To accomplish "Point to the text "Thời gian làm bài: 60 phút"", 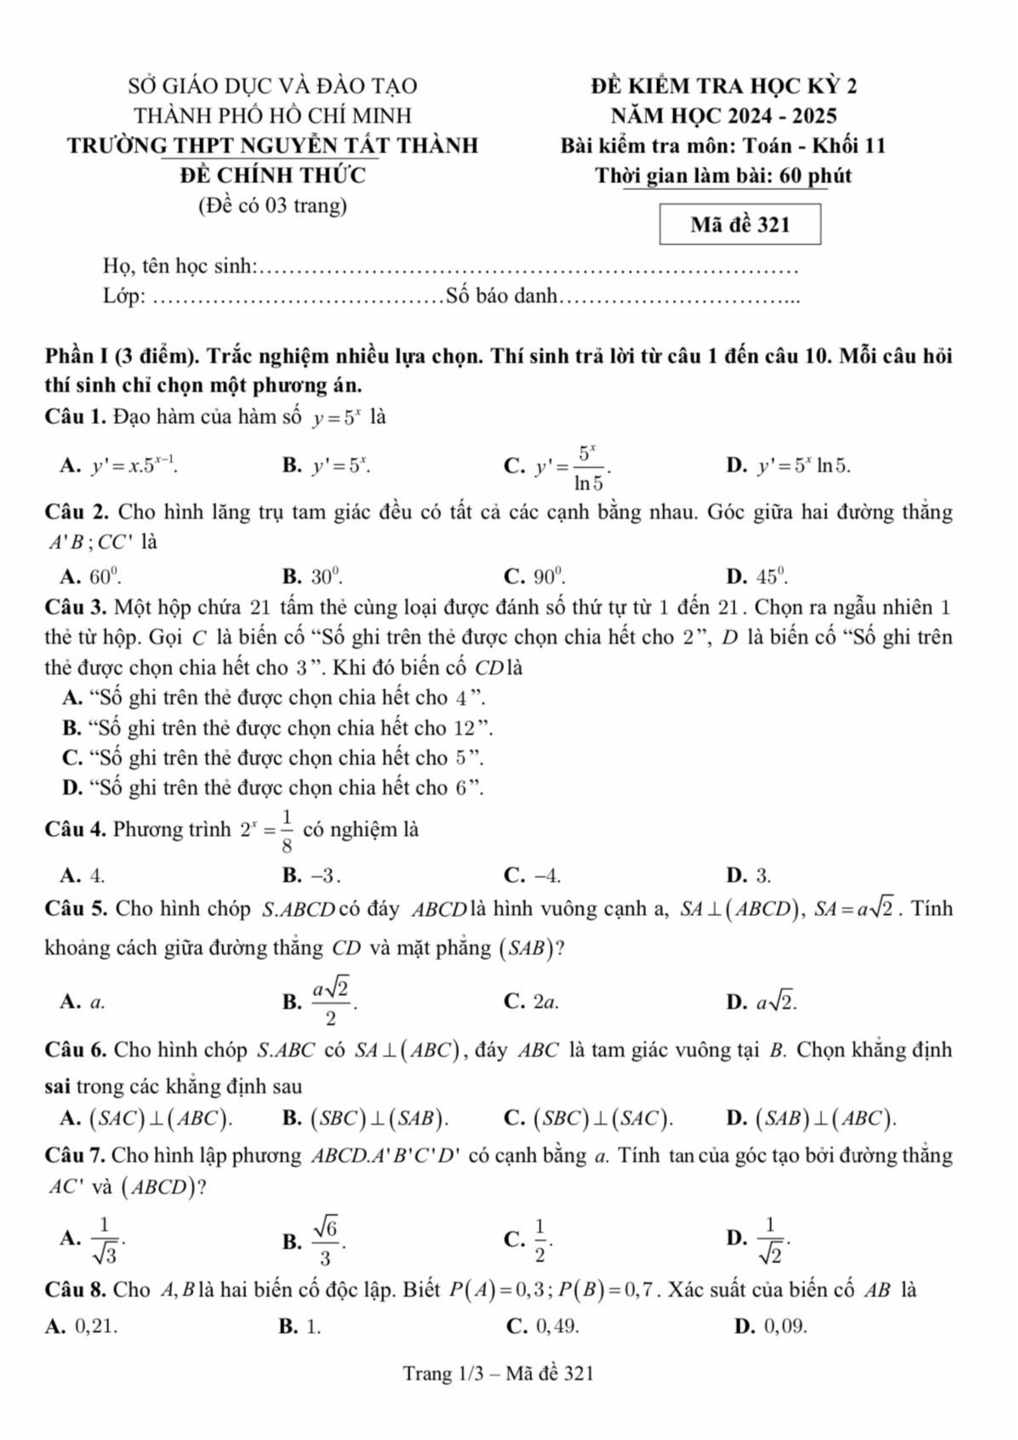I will pos(723,176).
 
